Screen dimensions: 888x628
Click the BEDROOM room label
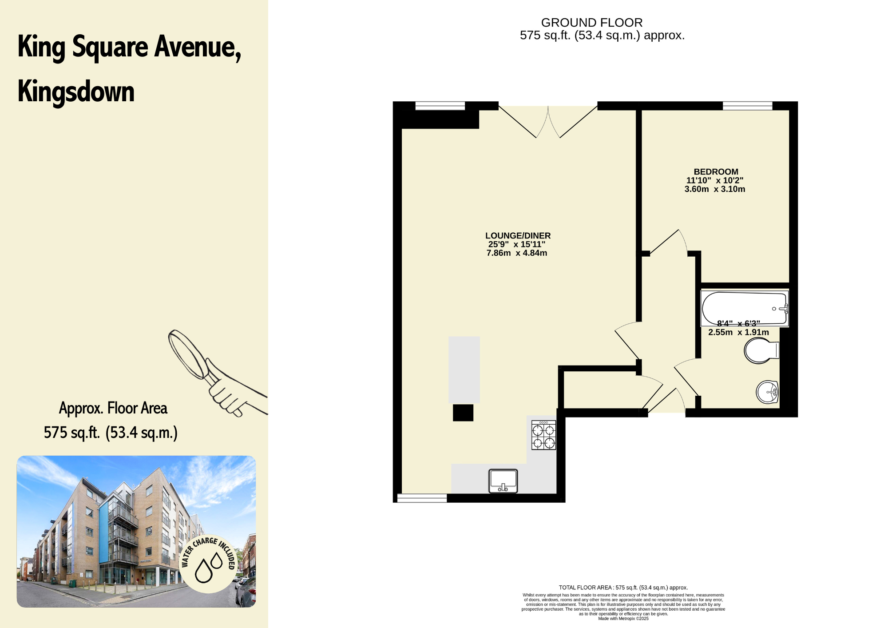(x=716, y=172)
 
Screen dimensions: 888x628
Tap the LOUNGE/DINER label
(x=518, y=236)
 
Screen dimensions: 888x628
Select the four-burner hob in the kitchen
(x=544, y=435)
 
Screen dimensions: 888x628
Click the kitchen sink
(x=503, y=481)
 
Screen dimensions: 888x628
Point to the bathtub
(x=745, y=308)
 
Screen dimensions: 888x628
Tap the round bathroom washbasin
(x=767, y=392)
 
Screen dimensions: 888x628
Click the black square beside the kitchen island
(x=463, y=413)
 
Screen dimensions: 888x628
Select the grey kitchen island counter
(x=464, y=370)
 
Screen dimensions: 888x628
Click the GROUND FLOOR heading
(x=592, y=23)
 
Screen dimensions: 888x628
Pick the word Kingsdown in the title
(x=76, y=92)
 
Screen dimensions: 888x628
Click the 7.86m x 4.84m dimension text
(x=517, y=253)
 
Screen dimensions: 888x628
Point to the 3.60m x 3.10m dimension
(x=715, y=189)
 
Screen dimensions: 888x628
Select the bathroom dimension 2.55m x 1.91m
(x=738, y=332)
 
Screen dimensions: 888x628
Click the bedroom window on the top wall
(x=748, y=106)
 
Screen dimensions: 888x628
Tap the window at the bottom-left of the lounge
(x=422, y=498)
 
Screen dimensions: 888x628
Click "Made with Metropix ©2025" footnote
(x=623, y=619)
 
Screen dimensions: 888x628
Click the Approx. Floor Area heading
(x=113, y=408)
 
